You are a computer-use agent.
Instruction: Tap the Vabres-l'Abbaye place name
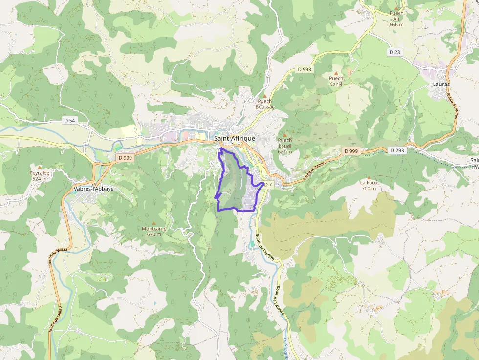[92, 189]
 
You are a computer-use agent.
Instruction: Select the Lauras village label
[441, 84]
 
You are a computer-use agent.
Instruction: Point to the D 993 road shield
[304, 69]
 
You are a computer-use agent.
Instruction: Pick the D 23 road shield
[395, 52]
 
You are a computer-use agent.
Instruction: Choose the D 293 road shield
[398, 150]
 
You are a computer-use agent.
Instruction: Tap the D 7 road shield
[267, 185]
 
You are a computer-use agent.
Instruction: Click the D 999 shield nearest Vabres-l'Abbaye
[125, 158]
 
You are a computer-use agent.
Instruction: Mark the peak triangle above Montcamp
[154, 223]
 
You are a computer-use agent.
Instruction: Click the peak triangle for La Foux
[369, 177]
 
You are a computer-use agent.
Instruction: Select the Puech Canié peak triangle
[336, 72]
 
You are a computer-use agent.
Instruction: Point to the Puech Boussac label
[265, 104]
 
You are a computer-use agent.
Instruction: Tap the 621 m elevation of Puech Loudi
[284, 151]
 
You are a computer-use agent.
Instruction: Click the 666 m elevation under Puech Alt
[396, 24]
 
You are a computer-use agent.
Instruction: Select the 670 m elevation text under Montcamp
[154, 234]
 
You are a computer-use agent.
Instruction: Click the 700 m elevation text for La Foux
[369, 189]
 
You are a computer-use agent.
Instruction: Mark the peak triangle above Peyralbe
[40, 167]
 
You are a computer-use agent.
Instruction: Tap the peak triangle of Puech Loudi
[284, 134]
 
